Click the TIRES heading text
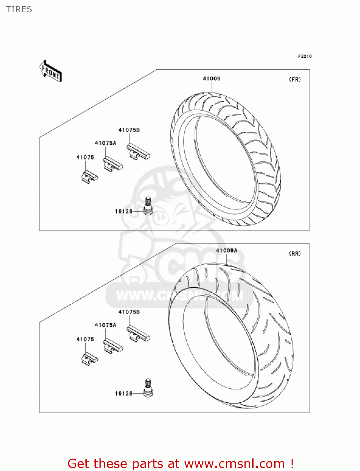[19, 9]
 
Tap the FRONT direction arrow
[51, 71]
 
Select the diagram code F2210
[305, 56]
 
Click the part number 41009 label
[212, 78]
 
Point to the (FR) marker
[295, 79]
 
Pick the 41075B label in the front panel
[129, 130]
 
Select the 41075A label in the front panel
[105, 143]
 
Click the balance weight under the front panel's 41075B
[138, 152]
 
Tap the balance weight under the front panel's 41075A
[113, 164]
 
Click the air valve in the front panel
[148, 206]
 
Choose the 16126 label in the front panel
[124, 211]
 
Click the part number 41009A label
[227, 251]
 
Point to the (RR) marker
[295, 253]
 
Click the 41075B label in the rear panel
[129, 312]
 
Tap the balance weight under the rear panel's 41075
[89, 358]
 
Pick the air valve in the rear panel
[148, 388]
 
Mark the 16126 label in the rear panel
[124, 393]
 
